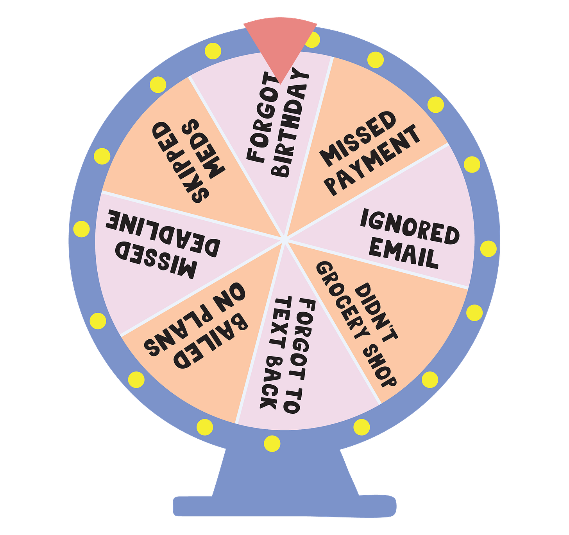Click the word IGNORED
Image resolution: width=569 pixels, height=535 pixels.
(x=409, y=227)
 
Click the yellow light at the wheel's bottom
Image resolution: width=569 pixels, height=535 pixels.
(x=272, y=444)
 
